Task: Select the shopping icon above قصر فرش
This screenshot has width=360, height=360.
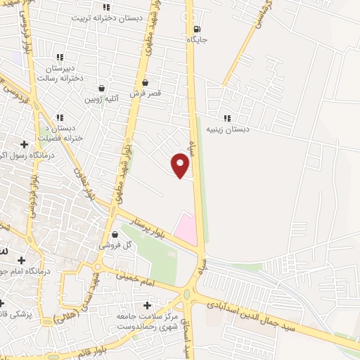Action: [x=145, y=82]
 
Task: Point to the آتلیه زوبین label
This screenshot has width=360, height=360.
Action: [x=103, y=100]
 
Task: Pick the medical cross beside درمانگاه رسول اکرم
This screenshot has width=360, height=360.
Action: [x=24, y=144]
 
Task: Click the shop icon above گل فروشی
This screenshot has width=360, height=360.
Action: [x=115, y=235]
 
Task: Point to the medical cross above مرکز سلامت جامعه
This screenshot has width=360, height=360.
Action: [x=146, y=305]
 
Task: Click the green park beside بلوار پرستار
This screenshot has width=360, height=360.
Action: [x=155, y=257]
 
